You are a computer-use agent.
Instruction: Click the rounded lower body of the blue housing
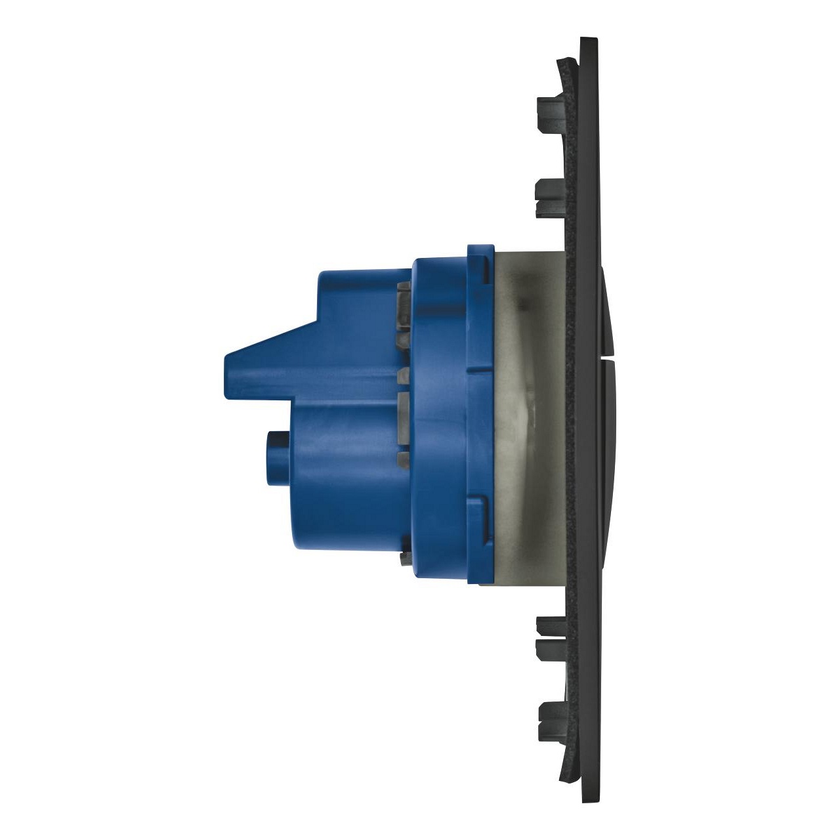click(348, 499)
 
